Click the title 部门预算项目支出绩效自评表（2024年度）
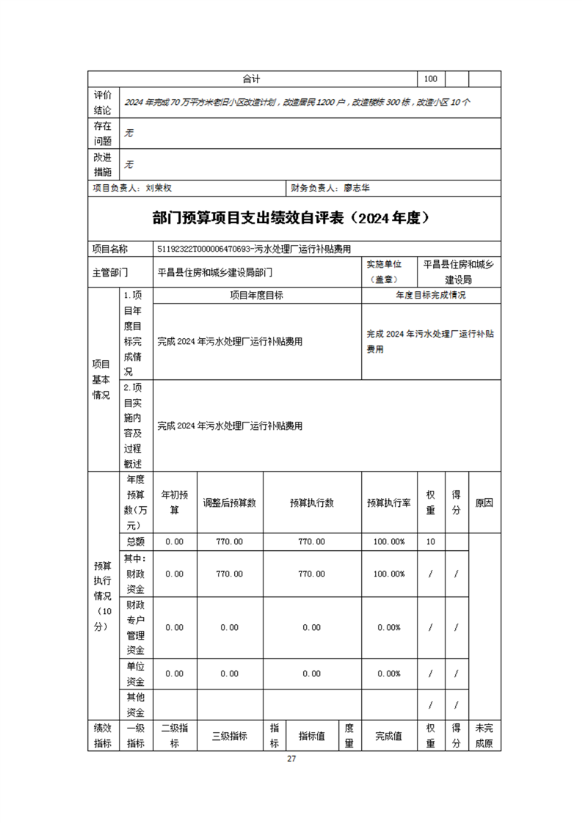(x=291, y=218)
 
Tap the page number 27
(x=291, y=758)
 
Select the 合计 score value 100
(x=430, y=79)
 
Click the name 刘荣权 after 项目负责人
(x=159, y=189)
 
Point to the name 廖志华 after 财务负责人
(x=357, y=189)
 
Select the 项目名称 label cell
(x=110, y=249)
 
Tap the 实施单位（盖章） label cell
(x=390, y=271)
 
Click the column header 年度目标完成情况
(x=431, y=296)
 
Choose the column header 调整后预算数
(x=230, y=503)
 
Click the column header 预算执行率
(x=389, y=503)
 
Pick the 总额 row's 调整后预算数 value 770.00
(x=230, y=541)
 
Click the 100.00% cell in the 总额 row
(x=389, y=541)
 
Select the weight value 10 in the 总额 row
(x=430, y=541)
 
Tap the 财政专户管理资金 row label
(x=135, y=627)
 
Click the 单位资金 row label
(x=135, y=673)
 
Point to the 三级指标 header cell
(x=230, y=736)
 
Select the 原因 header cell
(x=484, y=503)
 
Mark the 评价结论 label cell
(x=103, y=103)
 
